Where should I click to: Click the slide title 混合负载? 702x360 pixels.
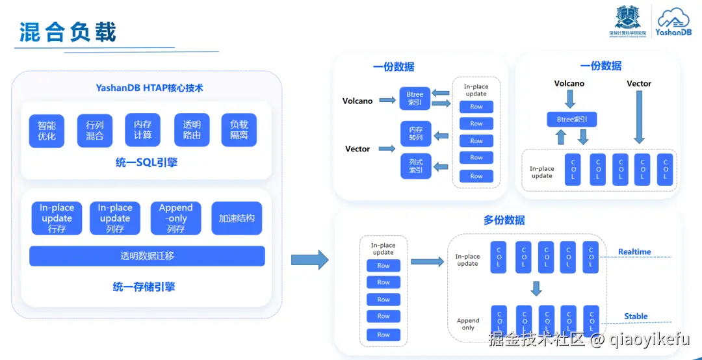68,32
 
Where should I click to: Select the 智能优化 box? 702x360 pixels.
47,131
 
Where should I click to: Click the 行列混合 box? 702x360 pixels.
95,131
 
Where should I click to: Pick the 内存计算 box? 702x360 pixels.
142,130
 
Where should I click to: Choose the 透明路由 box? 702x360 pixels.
192,130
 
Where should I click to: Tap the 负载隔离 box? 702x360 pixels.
239,130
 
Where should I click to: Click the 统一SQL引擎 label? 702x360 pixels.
146,162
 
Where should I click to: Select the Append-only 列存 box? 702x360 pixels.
175,218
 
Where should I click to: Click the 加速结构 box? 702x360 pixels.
237,218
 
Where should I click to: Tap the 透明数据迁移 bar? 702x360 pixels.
147,255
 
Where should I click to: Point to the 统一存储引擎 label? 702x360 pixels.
144,287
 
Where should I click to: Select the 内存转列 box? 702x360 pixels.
415,134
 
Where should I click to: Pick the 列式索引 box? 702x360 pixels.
415,166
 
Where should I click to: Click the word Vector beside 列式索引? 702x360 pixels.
357,149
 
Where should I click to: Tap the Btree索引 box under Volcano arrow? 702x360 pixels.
571,119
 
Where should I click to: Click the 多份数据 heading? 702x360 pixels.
504,220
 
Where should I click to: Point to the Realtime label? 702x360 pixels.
634,251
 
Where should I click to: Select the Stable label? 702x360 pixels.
636,316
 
